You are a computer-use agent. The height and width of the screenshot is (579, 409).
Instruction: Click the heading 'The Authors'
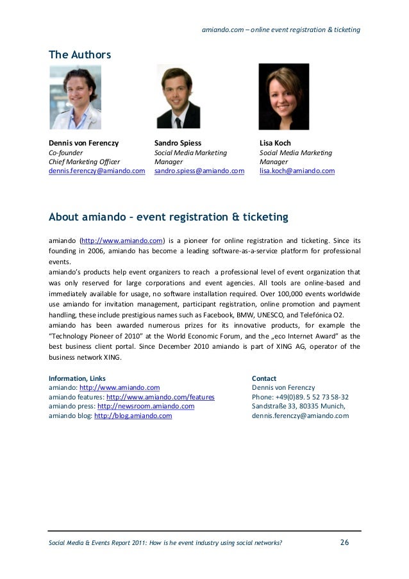[x=80, y=56]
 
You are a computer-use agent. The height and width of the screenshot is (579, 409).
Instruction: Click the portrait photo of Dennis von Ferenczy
[x=76, y=97]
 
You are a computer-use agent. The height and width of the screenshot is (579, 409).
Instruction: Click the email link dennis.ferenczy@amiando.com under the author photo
[x=97, y=172]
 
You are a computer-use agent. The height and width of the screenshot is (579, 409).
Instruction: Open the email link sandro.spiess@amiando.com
[x=199, y=172]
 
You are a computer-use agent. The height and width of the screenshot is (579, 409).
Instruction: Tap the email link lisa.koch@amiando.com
[x=297, y=172]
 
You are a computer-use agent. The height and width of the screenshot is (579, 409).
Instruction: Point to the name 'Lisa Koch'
[x=275, y=142]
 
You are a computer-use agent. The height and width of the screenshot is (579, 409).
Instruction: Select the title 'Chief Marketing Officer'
[x=84, y=162]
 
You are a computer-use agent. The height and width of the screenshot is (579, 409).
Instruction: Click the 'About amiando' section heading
[x=169, y=218]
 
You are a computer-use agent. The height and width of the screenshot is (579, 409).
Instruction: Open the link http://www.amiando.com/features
[x=160, y=398]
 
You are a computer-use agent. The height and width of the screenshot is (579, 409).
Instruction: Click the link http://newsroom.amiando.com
[x=146, y=407]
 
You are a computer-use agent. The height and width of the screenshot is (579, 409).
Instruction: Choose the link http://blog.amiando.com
[x=133, y=416]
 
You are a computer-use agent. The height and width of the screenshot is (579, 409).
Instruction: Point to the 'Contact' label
[x=264, y=379]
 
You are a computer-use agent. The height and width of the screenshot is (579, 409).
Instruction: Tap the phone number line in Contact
[x=300, y=398]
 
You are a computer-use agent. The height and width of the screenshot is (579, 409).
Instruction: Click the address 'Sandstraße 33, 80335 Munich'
[x=299, y=407]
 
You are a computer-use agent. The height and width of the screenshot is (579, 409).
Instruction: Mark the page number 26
[x=344, y=544]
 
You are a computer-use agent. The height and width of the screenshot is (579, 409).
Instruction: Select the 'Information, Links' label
[x=78, y=379]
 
